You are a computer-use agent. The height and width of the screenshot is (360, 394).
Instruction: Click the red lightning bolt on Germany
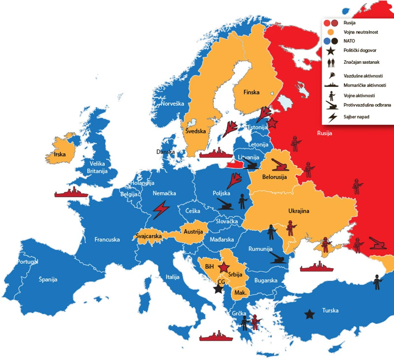coord(161,209)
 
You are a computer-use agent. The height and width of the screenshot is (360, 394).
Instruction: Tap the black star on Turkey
coord(309,313)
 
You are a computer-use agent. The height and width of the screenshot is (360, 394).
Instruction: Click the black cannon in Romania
coord(278,257)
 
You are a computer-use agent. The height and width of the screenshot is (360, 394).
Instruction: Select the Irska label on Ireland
coord(60,154)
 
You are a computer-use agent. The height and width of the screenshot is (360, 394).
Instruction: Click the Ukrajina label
coord(298,211)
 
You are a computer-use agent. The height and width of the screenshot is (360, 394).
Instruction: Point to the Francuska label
coord(107,240)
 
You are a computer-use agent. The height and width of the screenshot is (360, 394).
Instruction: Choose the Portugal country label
coord(28,262)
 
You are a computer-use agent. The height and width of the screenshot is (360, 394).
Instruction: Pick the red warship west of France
coord(71,193)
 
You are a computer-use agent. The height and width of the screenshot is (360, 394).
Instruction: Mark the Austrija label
coord(194,232)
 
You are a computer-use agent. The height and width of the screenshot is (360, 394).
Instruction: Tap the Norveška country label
coord(173,104)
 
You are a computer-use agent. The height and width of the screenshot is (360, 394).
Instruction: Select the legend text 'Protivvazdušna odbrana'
coord(367,105)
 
